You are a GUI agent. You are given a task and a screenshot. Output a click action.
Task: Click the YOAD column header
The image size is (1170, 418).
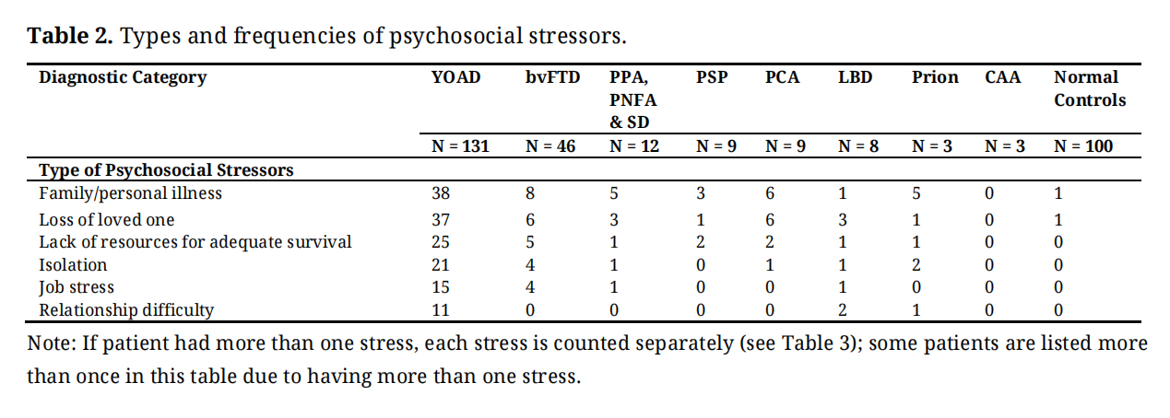pyautogui.click(x=455, y=77)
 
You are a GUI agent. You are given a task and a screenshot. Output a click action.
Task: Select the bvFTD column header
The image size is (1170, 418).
pyautogui.click(x=552, y=77)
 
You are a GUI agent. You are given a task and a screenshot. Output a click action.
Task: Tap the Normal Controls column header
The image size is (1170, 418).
pyautogui.click(x=1089, y=88)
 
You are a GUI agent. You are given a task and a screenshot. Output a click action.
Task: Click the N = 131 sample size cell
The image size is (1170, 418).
pyautogui.click(x=459, y=145)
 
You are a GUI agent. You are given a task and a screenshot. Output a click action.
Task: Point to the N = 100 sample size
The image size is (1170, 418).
pyautogui.click(x=1082, y=145)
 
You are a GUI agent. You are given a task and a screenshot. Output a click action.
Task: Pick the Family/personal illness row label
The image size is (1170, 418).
pyautogui.click(x=130, y=193)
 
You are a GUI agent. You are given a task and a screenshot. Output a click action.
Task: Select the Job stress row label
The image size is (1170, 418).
pyautogui.click(x=77, y=287)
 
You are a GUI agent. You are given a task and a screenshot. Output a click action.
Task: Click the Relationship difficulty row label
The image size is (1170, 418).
pyautogui.click(x=125, y=310)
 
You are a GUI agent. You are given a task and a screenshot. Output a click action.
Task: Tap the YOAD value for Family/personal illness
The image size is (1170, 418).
pyautogui.click(x=442, y=193)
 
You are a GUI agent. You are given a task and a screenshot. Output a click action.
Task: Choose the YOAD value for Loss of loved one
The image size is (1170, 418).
pyautogui.click(x=442, y=220)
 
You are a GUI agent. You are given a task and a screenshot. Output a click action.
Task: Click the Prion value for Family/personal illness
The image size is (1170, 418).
pyautogui.click(x=916, y=193)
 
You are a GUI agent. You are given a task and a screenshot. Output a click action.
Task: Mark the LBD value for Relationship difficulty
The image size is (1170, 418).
pyautogui.click(x=843, y=310)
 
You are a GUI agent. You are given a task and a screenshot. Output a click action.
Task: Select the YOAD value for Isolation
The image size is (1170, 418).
pyautogui.click(x=441, y=265)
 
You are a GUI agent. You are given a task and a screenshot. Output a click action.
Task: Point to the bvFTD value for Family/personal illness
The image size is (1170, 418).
pyautogui.click(x=529, y=193)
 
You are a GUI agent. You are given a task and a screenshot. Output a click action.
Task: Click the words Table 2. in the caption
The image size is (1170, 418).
pyautogui.click(x=70, y=36)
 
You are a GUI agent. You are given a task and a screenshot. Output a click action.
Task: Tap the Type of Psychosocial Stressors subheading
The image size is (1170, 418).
pyautogui.click(x=166, y=170)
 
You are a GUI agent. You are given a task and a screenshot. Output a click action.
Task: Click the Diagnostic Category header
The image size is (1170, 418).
pyautogui.click(x=123, y=77)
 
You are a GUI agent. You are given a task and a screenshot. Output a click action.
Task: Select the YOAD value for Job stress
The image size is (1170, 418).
pyautogui.click(x=441, y=287)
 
